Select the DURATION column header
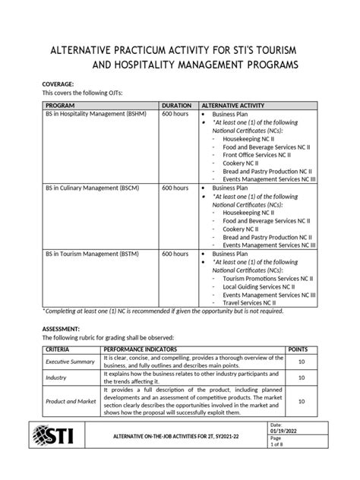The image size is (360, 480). coord(176,105)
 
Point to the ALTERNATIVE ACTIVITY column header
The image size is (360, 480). coord(234,105)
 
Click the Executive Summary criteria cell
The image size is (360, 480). coord(68,362)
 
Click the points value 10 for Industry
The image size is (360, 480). coord(302,377)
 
